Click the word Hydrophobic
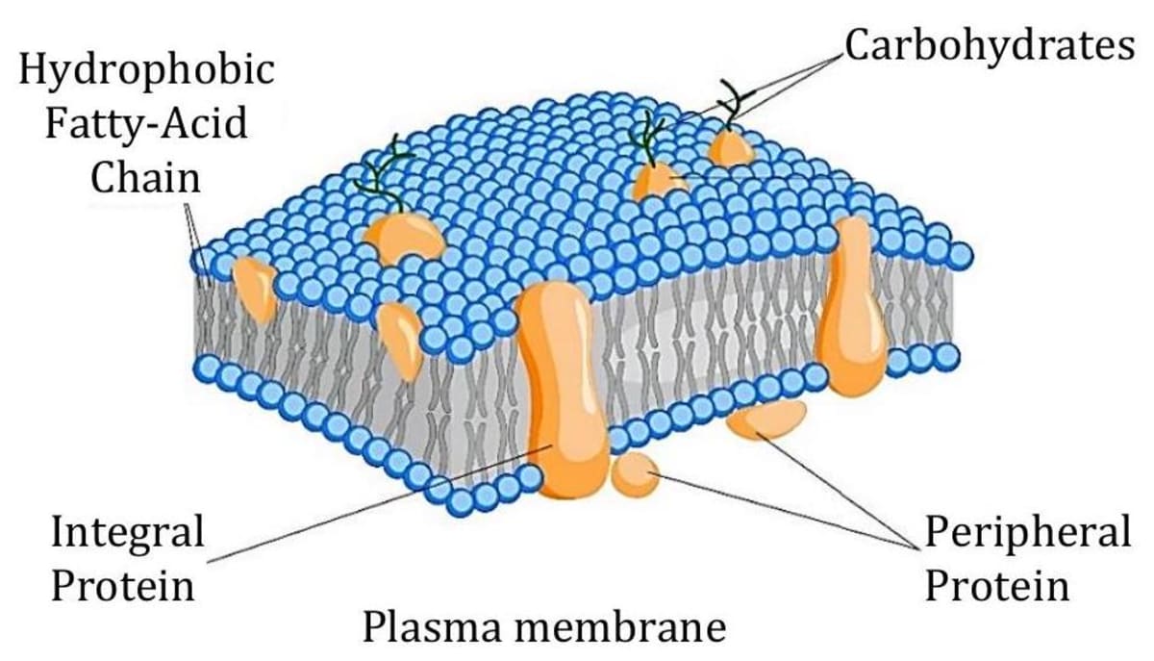146,70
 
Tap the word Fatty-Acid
145,123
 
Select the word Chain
145,177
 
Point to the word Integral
127,531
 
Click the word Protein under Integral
122,584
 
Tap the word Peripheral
1027,531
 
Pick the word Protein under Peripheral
997,584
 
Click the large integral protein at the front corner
562,385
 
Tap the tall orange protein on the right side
853,308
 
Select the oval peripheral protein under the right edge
767,419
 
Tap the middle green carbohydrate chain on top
648,135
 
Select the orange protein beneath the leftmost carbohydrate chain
401,236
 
